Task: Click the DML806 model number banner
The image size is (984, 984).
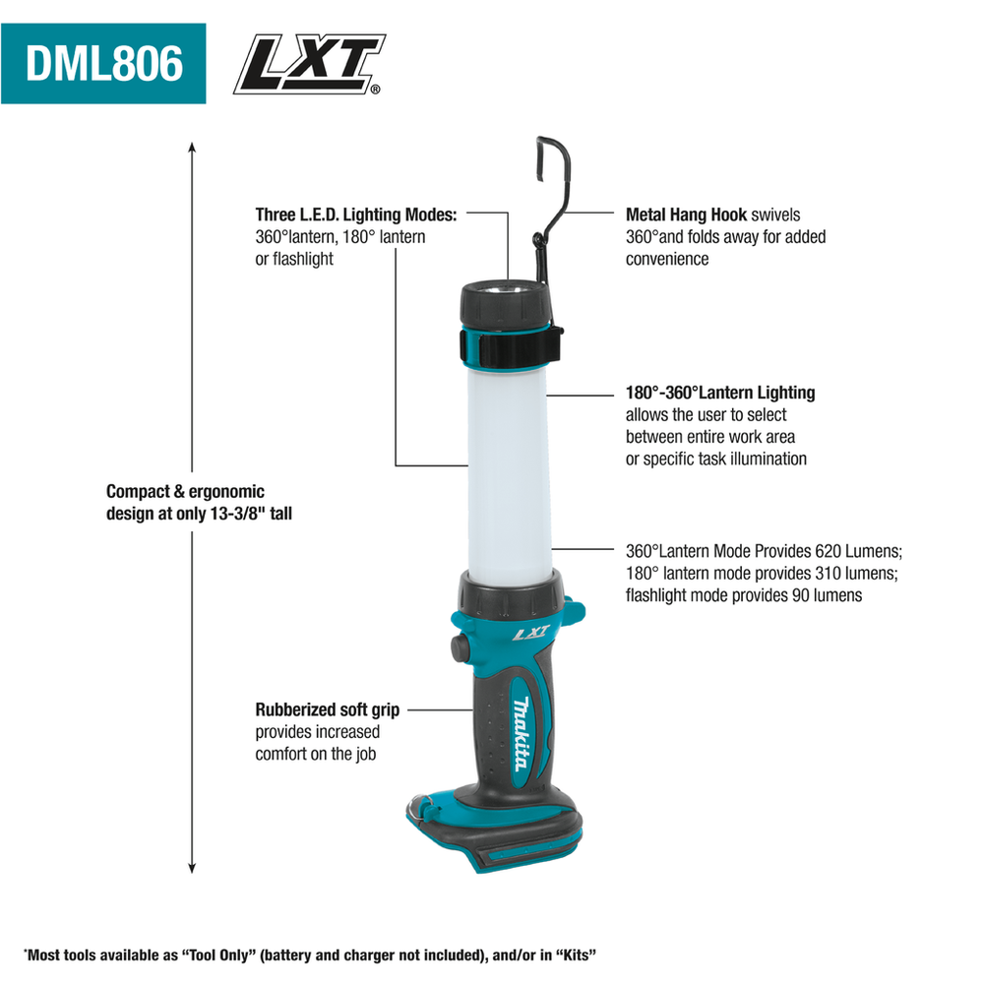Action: click(103, 63)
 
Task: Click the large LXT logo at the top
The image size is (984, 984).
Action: click(309, 64)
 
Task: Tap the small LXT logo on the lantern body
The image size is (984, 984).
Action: click(531, 633)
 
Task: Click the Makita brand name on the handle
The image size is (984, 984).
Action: click(521, 734)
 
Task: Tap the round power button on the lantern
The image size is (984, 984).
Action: click(460, 648)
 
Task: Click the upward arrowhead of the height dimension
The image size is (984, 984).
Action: click(192, 148)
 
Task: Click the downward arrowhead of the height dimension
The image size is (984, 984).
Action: click(192, 867)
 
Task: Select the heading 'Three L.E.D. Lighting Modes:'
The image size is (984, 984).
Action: click(356, 215)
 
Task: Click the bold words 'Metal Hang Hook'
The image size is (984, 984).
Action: click(686, 215)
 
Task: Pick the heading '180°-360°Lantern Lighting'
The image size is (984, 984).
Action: click(720, 393)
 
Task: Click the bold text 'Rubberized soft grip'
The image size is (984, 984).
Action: click(327, 709)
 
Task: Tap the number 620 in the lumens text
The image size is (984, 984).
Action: click(828, 551)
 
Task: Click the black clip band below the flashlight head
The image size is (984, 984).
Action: click(510, 345)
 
